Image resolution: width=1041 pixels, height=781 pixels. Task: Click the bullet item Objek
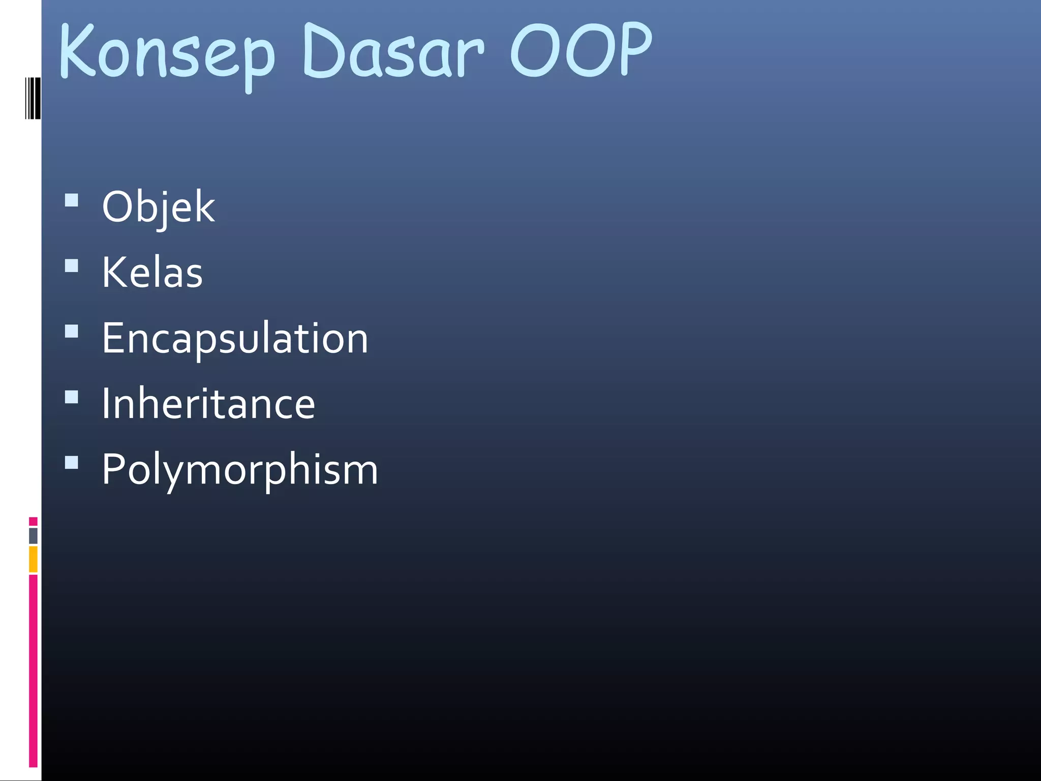pos(158,207)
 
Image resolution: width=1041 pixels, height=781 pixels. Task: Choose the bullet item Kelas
pos(152,273)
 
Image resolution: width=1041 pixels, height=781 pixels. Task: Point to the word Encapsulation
pos(235,339)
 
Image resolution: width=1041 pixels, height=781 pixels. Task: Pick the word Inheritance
pos(208,404)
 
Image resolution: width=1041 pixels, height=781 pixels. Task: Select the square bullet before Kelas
pos(72,266)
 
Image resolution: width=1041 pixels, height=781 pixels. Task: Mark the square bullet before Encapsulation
pos(72,332)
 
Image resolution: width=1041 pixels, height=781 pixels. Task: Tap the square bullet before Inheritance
pos(72,397)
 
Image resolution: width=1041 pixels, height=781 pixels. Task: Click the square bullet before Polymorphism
pos(72,462)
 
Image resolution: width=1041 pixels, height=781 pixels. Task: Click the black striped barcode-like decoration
pos(33,98)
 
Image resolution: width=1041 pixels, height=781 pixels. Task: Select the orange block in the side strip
pos(33,559)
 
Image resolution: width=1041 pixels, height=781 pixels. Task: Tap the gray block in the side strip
pos(33,535)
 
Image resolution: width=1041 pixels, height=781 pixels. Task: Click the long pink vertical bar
pos(33,670)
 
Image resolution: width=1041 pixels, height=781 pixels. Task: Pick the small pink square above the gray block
pos(33,521)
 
